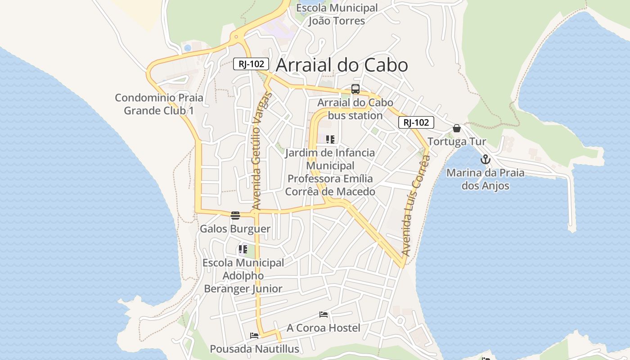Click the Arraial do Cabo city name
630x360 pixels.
point(342,65)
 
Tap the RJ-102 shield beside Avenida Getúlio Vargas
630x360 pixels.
point(251,64)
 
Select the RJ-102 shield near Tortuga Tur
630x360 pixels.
point(416,122)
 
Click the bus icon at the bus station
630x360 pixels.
point(355,89)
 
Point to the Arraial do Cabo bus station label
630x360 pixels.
point(355,109)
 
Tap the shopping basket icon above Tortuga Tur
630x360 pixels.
point(457,128)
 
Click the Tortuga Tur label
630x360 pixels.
point(457,142)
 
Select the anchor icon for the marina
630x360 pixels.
point(485,159)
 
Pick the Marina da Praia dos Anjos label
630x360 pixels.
point(485,179)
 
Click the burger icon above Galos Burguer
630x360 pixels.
point(235,215)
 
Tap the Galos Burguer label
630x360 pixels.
point(235,229)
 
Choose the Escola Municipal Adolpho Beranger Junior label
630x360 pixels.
point(243,275)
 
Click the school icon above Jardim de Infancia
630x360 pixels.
point(330,139)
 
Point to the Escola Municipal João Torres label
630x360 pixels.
point(337,14)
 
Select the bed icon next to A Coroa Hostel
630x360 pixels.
point(324,315)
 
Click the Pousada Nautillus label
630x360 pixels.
point(254,349)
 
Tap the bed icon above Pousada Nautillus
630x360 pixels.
point(254,335)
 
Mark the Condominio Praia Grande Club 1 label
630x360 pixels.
point(159,104)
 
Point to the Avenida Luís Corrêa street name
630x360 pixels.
point(415,206)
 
